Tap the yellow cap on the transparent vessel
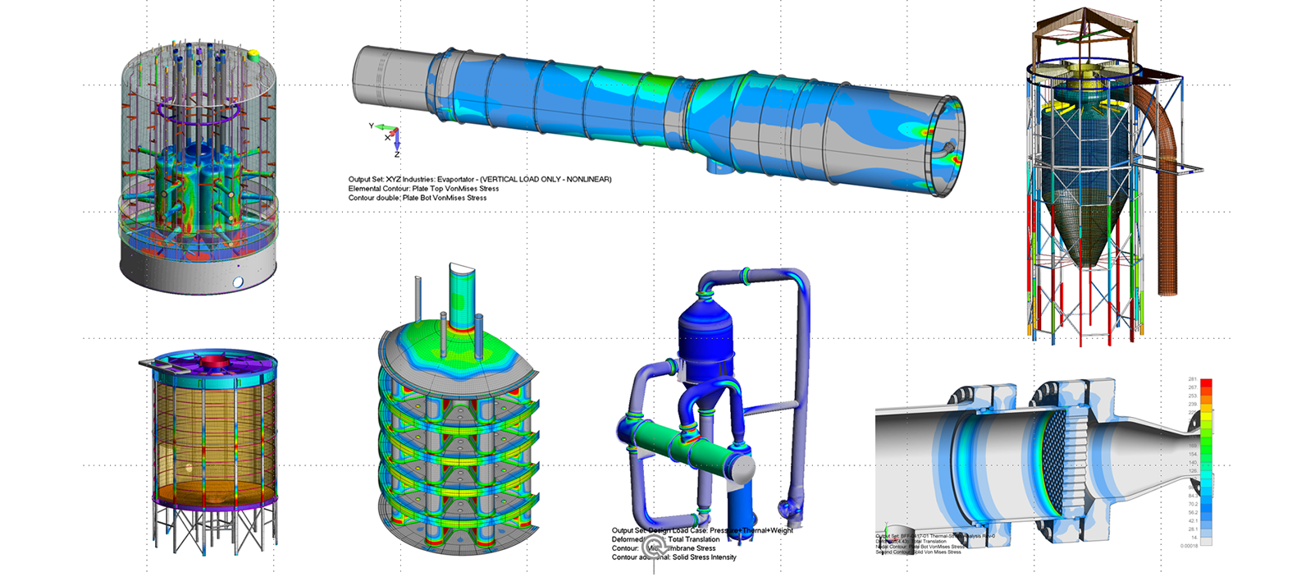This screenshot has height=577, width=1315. pos(253,55)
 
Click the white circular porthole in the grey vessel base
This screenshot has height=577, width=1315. pos(238,282)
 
